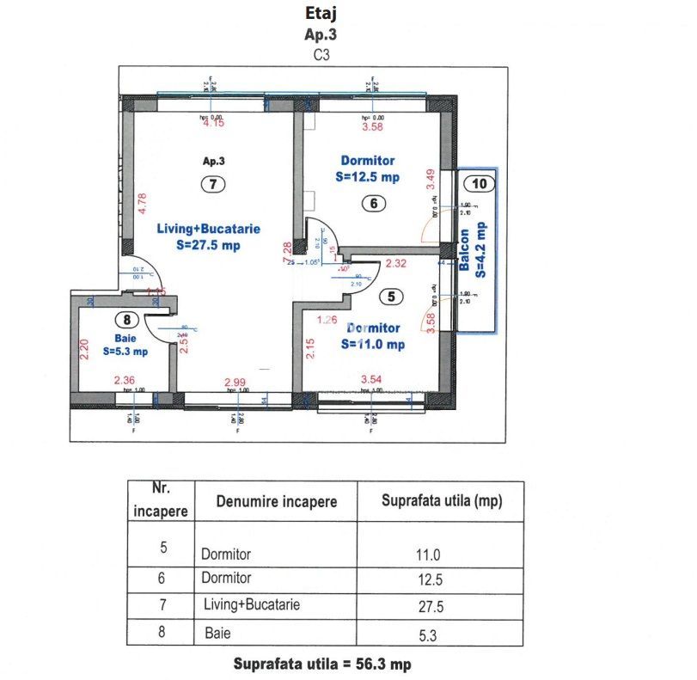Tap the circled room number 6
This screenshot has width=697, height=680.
tap(371, 204)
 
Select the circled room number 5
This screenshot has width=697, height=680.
tap(391, 297)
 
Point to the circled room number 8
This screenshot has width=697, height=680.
tap(127, 320)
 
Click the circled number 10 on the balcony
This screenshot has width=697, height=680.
tap(480, 183)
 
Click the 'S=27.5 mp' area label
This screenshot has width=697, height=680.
tap(208, 245)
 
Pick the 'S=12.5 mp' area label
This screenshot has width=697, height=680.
tap(368, 177)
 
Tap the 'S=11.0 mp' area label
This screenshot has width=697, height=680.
tap(373, 344)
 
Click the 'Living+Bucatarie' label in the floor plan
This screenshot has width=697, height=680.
tap(208, 229)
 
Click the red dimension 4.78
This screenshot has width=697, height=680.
tap(143, 204)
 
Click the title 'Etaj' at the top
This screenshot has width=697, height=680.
tap(320, 13)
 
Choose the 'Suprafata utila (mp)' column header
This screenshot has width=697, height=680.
tap(441, 500)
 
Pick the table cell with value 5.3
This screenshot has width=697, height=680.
tap(429, 636)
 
